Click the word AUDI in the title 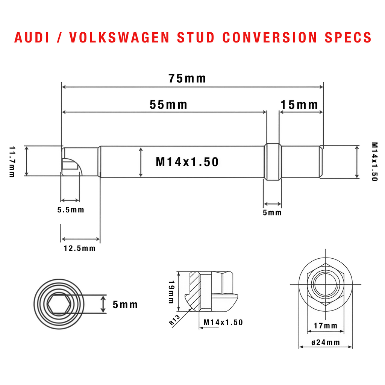click(32, 38)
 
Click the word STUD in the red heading click(196, 38)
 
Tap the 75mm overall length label click(187, 79)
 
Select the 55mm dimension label click(168, 105)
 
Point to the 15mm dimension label click(299, 105)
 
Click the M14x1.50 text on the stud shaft click(187, 162)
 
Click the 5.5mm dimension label click(71, 210)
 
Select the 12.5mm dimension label click(80, 249)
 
